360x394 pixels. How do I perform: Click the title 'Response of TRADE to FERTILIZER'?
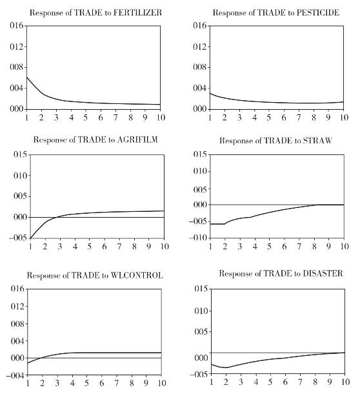pyautogui.click(x=95, y=12)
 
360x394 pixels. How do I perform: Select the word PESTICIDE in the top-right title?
pyautogui.click(x=318, y=12)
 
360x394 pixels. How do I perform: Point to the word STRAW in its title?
pyautogui.click(x=317, y=140)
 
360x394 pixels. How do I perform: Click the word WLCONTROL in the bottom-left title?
pyautogui.click(x=137, y=275)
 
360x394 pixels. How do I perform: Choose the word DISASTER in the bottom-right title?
pyautogui.click(x=323, y=273)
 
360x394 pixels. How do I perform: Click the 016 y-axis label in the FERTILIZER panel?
pyautogui.click(x=17, y=26)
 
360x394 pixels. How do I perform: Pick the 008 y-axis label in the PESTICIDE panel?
pyautogui.click(x=201, y=67)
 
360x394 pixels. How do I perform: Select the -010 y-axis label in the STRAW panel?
pyautogui.click(x=198, y=238)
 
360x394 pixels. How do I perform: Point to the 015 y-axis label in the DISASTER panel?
pyautogui.click(x=202, y=289)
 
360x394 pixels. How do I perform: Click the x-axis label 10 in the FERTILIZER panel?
pyautogui.click(x=160, y=118)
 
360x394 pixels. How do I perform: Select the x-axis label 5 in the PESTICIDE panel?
pyautogui.click(x=269, y=118)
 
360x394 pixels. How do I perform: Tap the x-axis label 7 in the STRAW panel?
pyautogui.click(x=299, y=246)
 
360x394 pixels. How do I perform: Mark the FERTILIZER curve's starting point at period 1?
pyautogui.click(x=26, y=77)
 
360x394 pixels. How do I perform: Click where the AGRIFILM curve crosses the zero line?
pyautogui.click(x=57, y=217)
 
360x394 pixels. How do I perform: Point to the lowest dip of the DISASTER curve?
pyautogui.click(x=226, y=368)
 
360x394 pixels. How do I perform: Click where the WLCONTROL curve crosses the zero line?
pyautogui.click(x=41, y=358)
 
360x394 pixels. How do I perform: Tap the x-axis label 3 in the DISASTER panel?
pyautogui.click(x=241, y=382)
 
